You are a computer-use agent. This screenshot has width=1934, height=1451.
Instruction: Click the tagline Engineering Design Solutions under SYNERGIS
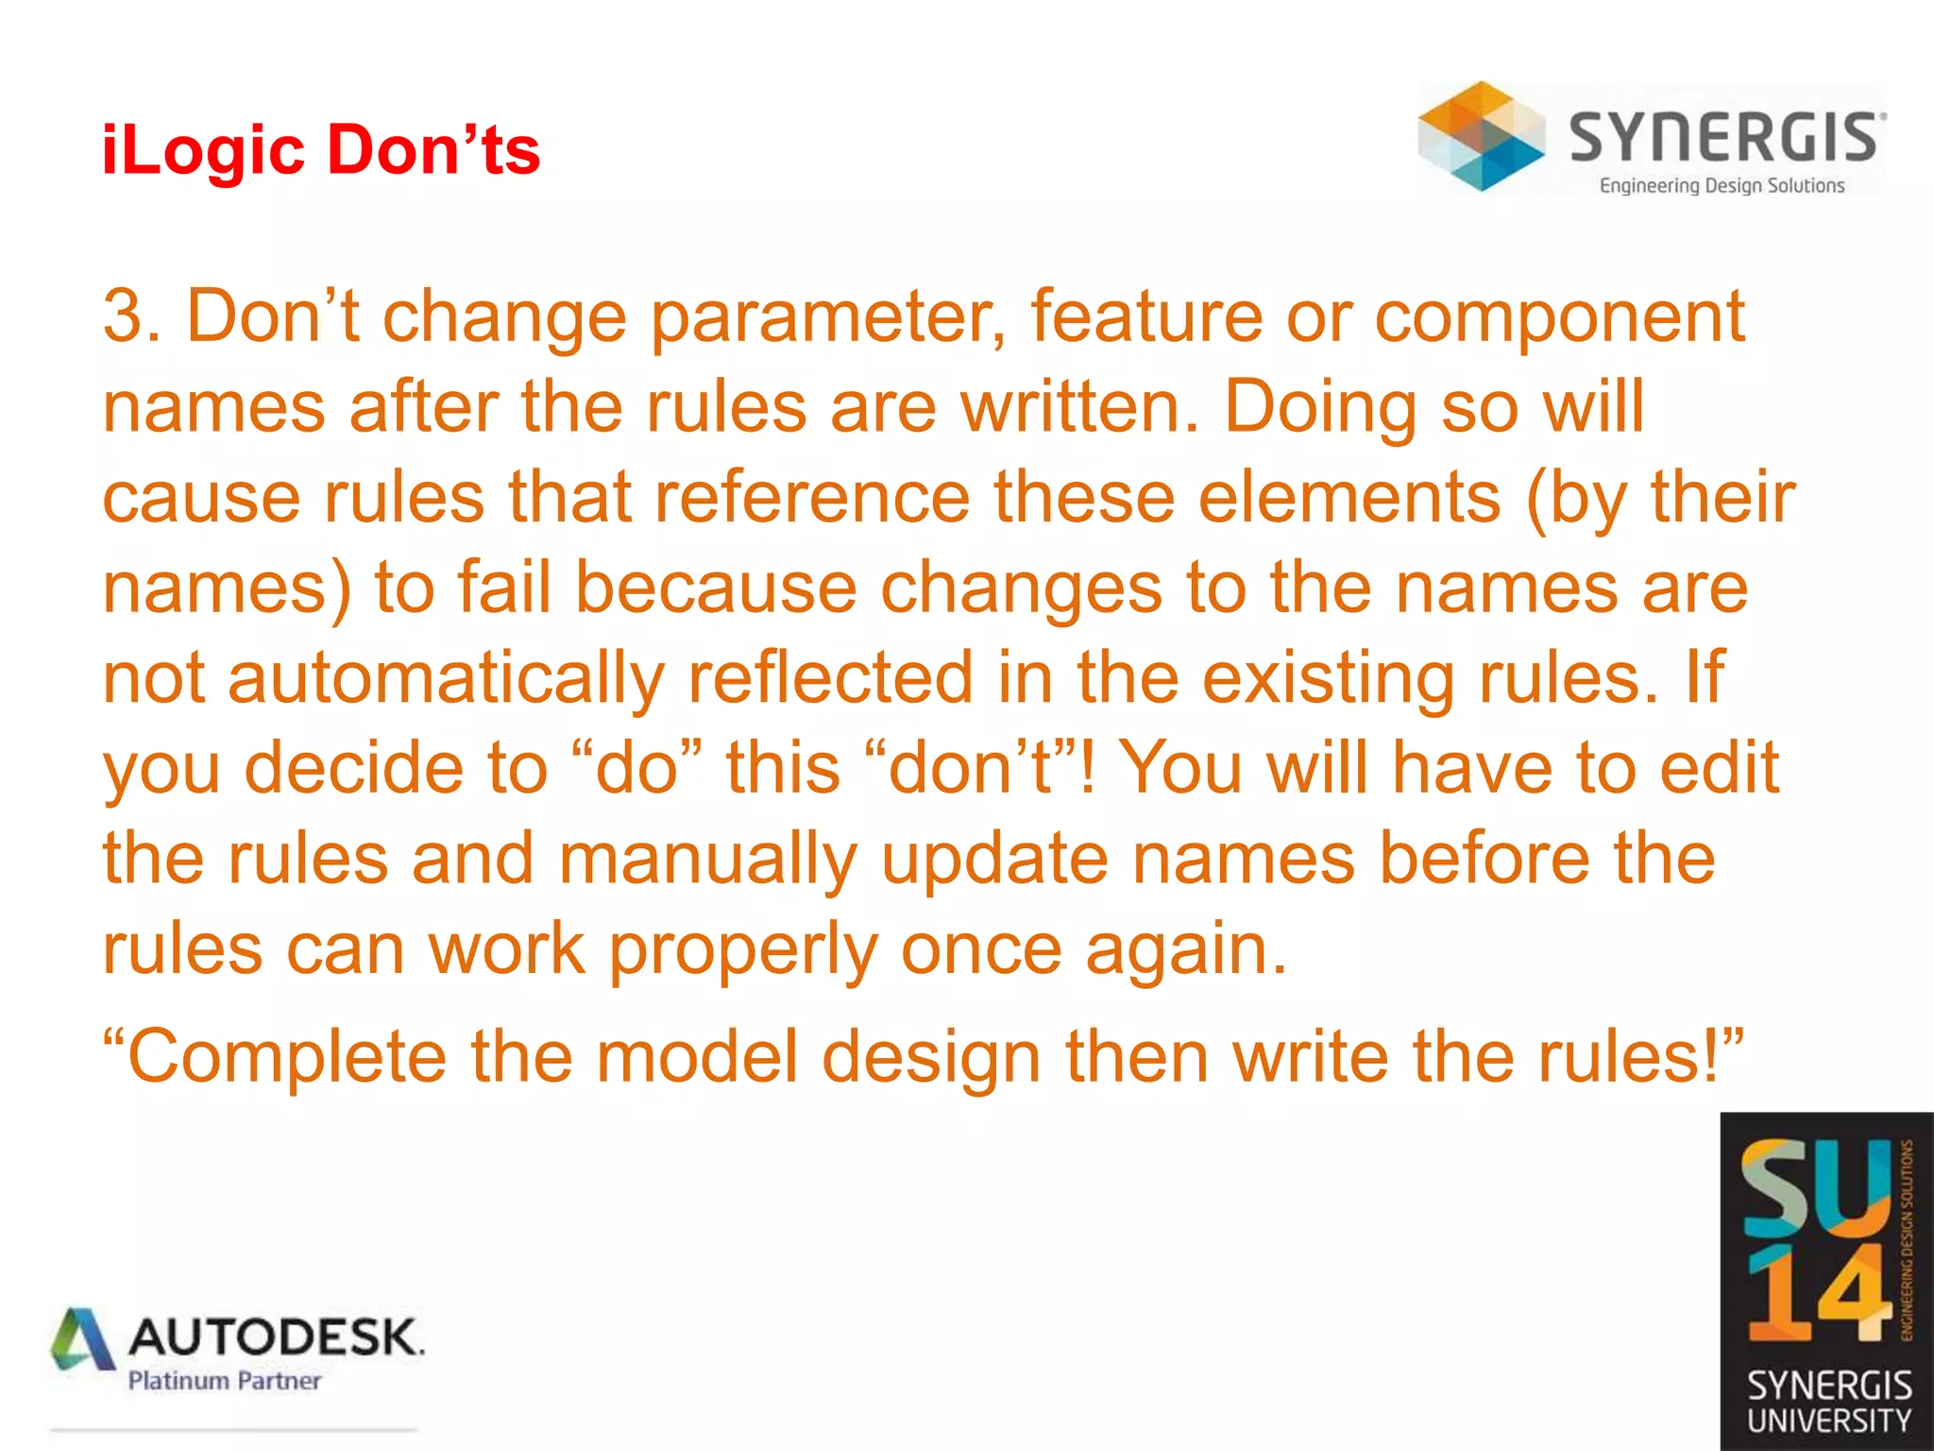1722,186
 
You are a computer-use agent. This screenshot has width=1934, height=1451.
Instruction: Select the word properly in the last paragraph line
741,950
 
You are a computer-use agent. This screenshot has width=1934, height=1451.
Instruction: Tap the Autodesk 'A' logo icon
83,1339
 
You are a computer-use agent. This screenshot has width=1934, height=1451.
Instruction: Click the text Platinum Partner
225,1381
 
